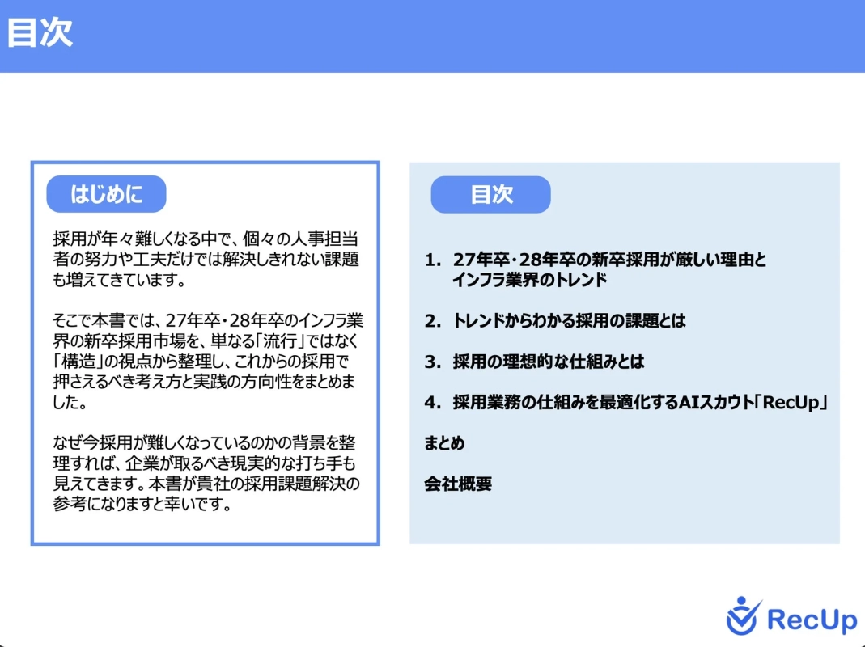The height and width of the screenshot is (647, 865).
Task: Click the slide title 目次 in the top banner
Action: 40,34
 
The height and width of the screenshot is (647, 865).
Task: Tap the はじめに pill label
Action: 106,194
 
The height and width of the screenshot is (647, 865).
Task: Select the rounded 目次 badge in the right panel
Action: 490,195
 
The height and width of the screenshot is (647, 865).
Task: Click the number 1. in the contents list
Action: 433,260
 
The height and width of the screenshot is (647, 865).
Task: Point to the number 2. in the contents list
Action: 433,321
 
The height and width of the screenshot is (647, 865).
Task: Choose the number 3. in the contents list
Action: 433,362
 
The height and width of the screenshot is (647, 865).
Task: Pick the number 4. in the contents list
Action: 433,403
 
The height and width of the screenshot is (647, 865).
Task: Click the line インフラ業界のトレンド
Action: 529,281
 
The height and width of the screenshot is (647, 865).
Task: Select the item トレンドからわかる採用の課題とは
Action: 568,321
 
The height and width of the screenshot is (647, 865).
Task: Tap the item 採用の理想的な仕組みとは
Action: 548,362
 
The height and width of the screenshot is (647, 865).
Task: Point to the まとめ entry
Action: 444,444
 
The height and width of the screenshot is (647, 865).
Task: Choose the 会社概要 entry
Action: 458,484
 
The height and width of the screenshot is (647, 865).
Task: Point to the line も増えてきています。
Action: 120,281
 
